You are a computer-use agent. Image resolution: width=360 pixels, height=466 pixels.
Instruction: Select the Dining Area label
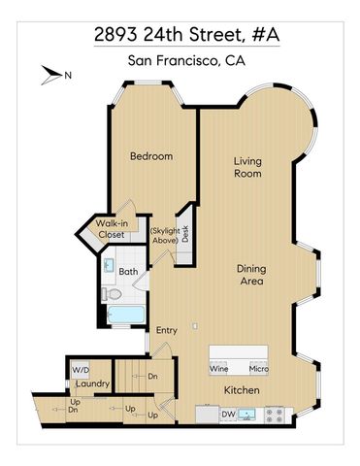click(254, 275)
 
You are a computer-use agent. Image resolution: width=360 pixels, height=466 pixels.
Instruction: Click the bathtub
click(123, 316)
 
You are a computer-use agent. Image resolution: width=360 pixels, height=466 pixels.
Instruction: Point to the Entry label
click(166, 330)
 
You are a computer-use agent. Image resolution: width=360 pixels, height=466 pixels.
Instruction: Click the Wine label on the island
click(218, 368)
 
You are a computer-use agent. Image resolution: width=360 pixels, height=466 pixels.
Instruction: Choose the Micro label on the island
click(257, 368)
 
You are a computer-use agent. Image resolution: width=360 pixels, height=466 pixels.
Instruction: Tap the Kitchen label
click(242, 390)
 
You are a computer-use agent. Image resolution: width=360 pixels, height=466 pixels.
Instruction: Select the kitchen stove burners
click(275, 415)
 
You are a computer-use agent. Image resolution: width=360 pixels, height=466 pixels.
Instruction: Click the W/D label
click(79, 369)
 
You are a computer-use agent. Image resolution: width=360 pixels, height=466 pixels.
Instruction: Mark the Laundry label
click(92, 383)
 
